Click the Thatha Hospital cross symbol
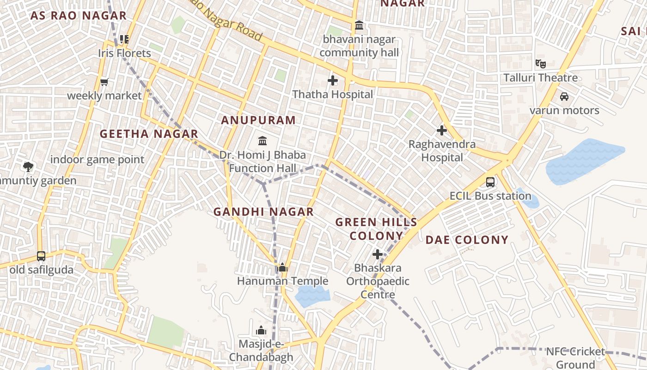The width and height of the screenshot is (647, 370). click(333, 81)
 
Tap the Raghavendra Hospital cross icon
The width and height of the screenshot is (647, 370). click(442, 130)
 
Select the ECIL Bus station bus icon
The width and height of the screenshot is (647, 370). click(490, 182)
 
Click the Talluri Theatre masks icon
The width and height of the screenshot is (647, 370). click(540, 64)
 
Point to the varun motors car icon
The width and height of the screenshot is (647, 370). click(564, 97)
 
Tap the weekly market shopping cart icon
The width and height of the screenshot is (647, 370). click(104, 82)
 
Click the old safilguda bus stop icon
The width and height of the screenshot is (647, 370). click(41, 256)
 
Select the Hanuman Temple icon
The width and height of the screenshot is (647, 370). click(282, 267)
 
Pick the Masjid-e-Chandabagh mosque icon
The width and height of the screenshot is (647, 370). click(261, 331)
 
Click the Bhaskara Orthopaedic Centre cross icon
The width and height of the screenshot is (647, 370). click(378, 254)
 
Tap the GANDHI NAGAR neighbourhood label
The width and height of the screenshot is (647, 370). click(263, 212)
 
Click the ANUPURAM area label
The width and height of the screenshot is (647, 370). click(258, 120)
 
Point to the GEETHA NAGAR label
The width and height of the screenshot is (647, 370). click(149, 134)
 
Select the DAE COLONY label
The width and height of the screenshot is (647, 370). click(467, 240)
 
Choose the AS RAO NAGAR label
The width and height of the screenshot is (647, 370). click(79, 16)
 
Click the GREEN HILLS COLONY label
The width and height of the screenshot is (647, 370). click(376, 229)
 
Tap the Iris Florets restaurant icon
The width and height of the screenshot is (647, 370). click(124, 39)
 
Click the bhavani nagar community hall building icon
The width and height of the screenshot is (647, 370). click(359, 25)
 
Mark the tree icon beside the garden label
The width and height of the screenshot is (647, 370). click(28, 166)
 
